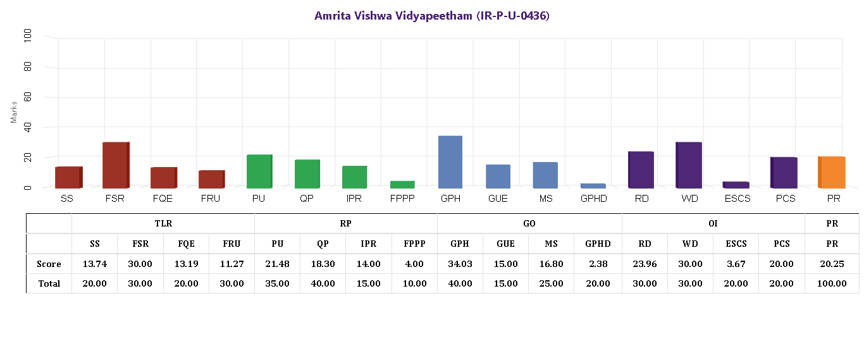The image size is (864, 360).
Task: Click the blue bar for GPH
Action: tap(450, 162)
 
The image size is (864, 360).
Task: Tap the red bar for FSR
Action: tap(116, 165)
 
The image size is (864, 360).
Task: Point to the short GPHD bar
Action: tap(593, 185)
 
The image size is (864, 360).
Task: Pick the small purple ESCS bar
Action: tap(736, 185)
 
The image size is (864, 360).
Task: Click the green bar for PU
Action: tap(259, 171)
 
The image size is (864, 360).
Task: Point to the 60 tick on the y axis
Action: tap(27, 97)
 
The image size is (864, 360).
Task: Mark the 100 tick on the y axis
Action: tap(27, 36)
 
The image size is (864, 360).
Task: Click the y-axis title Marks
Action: tap(14, 111)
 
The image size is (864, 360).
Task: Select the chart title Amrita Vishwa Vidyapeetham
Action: tap(432, 16)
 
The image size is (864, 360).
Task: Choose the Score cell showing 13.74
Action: tap(95, 264)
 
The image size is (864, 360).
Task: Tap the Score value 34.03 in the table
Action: tap(460, 264)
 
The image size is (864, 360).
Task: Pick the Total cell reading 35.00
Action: tap(277, 283)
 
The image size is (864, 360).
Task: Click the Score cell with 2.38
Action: tap(598, 264)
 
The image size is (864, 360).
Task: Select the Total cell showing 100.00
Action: tap(832, 283)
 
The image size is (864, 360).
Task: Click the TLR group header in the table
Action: tap(163, 223)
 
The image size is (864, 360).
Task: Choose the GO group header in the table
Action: tap(529, 223)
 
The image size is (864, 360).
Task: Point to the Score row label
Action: tap(49, 264)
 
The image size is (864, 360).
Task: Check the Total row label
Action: tap(49, 283)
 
